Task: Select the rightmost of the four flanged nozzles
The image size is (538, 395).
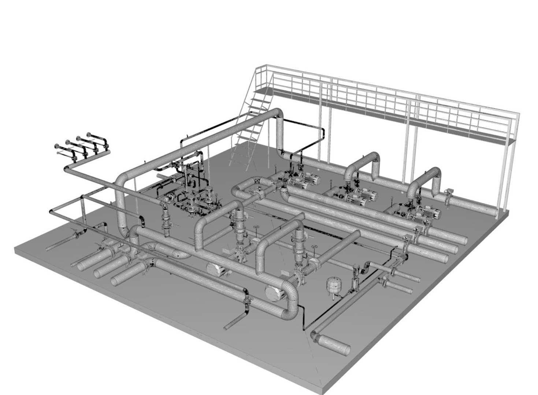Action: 89,135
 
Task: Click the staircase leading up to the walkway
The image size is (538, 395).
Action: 249,132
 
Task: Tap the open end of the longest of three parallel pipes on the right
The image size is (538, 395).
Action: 463,241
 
